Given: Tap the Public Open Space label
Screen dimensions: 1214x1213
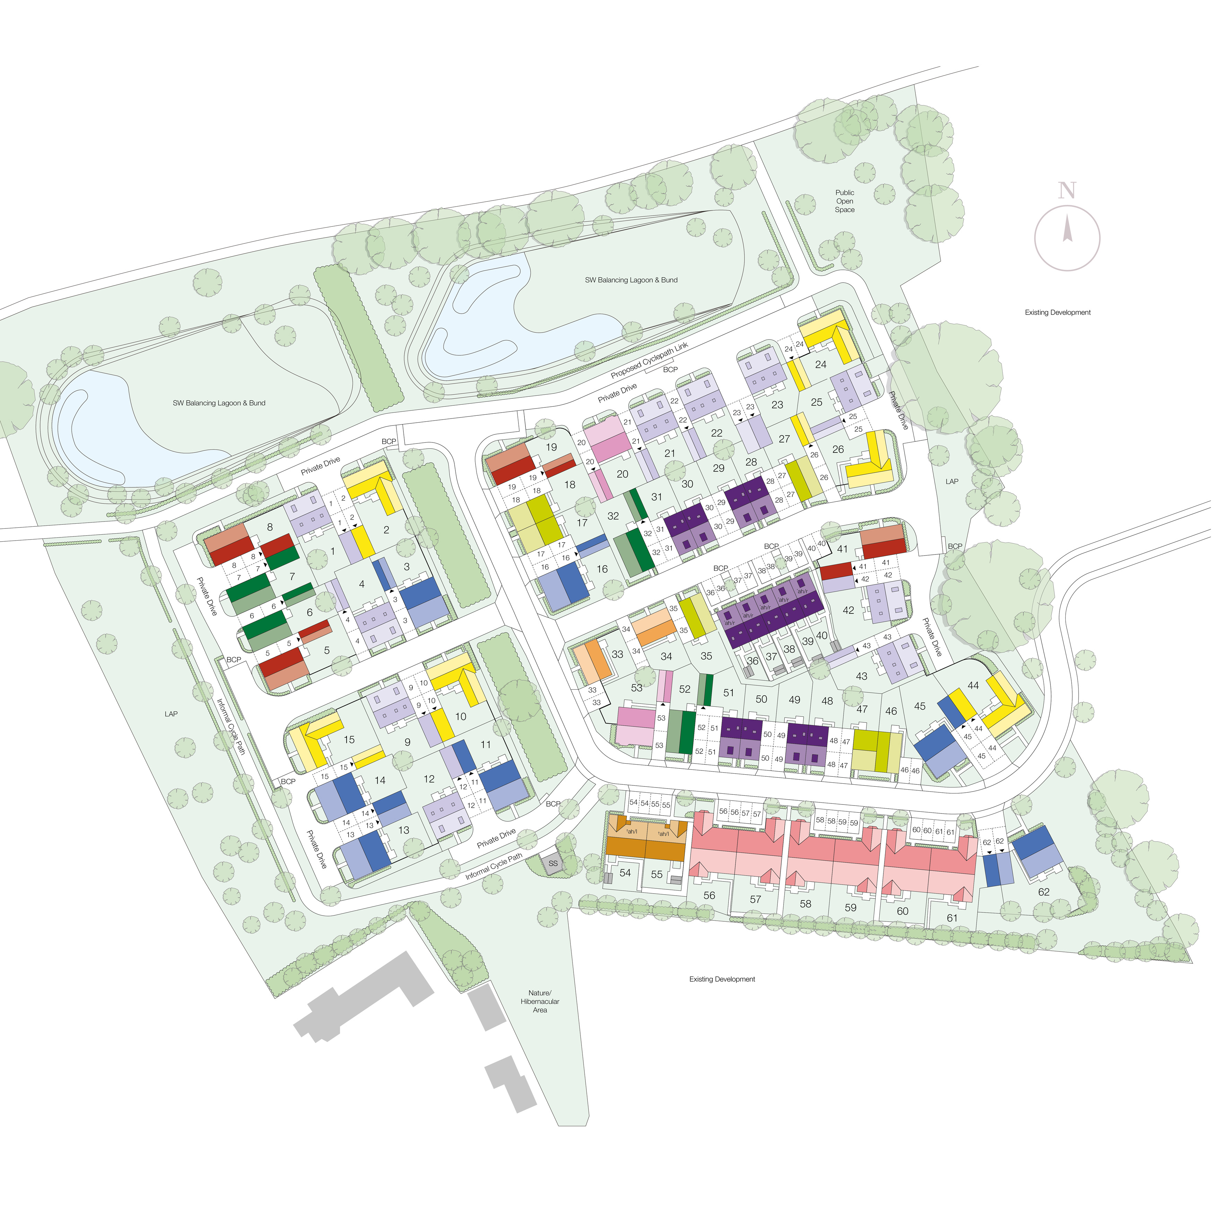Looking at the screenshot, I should point(845,201).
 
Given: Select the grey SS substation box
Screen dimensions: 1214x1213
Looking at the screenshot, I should point(553,863).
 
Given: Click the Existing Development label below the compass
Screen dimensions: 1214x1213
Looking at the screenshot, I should point(1058,312).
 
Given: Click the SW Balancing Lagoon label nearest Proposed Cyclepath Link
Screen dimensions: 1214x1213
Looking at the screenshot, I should point(631,280).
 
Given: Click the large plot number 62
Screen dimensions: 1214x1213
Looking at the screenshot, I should point(1044,892).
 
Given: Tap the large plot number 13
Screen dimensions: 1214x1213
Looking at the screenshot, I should point(404,830).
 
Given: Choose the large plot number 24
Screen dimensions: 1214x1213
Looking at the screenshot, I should point(820,364).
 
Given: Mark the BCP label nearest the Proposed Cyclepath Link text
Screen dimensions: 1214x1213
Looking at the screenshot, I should point(670,370).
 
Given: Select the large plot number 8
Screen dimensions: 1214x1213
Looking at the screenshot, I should point(270,527).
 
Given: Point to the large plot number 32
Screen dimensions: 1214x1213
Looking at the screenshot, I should point(613,516).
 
